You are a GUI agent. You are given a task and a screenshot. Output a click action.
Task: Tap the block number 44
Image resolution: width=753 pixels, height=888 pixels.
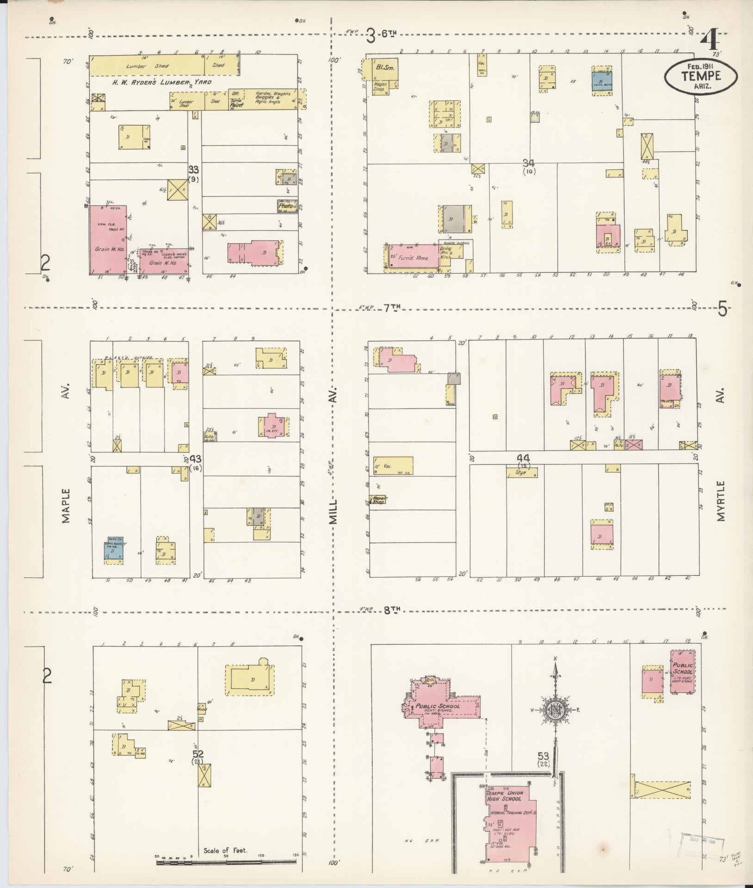pos(524,458)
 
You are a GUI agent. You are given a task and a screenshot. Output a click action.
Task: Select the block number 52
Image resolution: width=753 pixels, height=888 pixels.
pos(198,754)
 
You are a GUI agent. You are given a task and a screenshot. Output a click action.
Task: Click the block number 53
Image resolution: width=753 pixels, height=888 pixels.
pos(543,756)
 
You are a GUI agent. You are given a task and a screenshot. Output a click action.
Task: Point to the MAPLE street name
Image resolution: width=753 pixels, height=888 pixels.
pos(66,506)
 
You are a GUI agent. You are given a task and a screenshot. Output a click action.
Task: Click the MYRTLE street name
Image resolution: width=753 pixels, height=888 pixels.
pos(722,501)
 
